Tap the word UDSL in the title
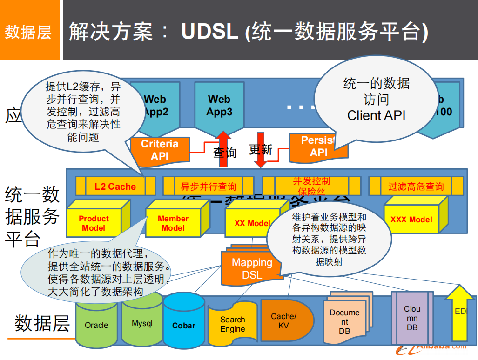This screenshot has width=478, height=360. pyautogui.click(x=209, y=32)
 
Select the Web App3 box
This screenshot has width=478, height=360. pyautogui.click(x=219, y=106)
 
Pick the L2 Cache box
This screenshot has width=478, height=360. pyautogui.click(x=115, y=187)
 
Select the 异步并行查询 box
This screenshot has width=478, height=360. pyautogui.click(x=208, y=187)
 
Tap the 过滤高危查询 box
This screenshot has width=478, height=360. pyautogui.click(x=416, y=187)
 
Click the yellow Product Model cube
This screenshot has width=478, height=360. pyautogui.click(x=94, y=223)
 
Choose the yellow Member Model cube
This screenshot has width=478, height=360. pyautogui.click(x=173, y=223)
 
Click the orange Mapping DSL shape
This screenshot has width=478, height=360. pyautogui.click(x=252, y=268)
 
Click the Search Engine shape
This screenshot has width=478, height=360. pyautogui.click(x=232, y=324)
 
